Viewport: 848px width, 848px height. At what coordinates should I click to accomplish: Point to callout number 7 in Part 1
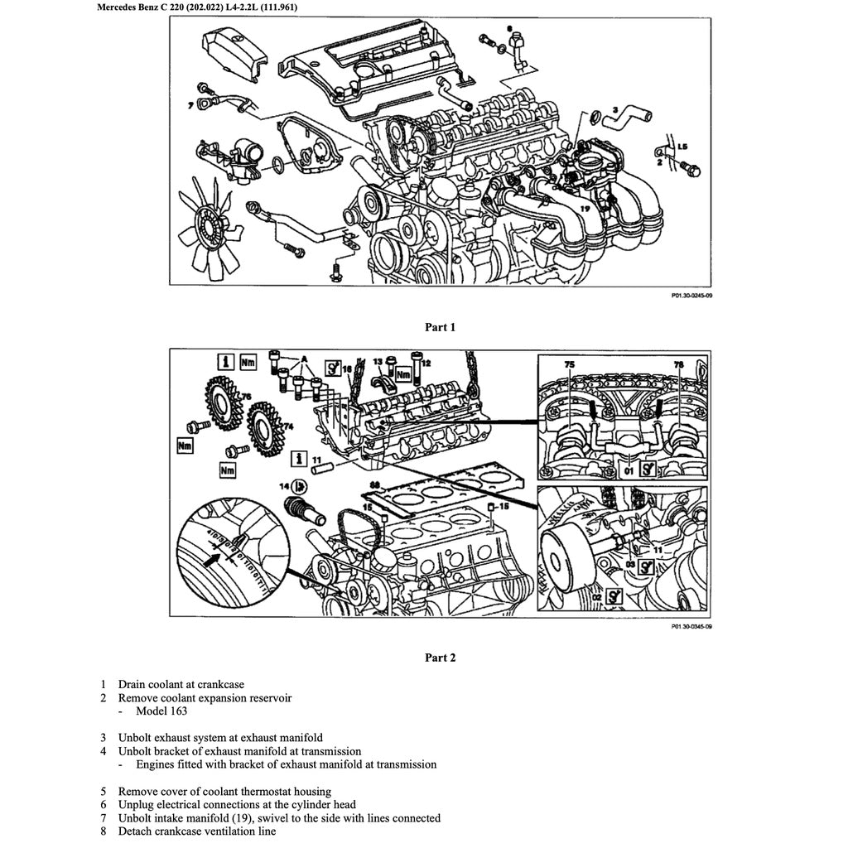(190, 105)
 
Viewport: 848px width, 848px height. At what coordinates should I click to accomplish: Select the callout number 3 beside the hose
(615, 109)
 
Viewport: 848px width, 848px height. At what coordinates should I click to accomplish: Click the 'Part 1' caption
(440, 327)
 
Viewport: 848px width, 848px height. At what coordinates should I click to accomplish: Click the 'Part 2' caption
(440, 658)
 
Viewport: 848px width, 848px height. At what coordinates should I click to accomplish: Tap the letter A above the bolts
(305, 359)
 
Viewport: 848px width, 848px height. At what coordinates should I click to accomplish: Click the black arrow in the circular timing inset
(219, 558)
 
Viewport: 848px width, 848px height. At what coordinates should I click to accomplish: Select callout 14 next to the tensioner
(284, 486)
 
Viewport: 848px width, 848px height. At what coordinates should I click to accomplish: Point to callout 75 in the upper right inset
(569, 364)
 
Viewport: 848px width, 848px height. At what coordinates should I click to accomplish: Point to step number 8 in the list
(103, 831)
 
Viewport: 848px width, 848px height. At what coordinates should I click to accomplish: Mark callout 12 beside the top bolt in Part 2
(426, 363)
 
